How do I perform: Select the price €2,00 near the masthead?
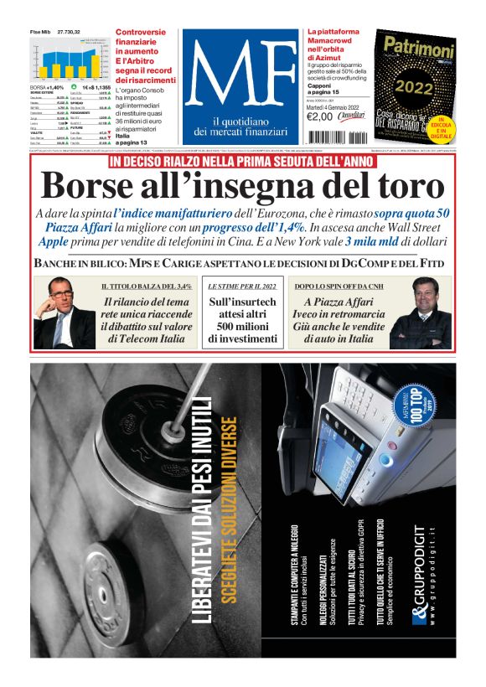(321, 116)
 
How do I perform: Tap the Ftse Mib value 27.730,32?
(68, 31)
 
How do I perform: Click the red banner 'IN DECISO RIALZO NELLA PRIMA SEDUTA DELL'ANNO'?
(243, 160)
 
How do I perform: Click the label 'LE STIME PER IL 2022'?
(242, 285)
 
